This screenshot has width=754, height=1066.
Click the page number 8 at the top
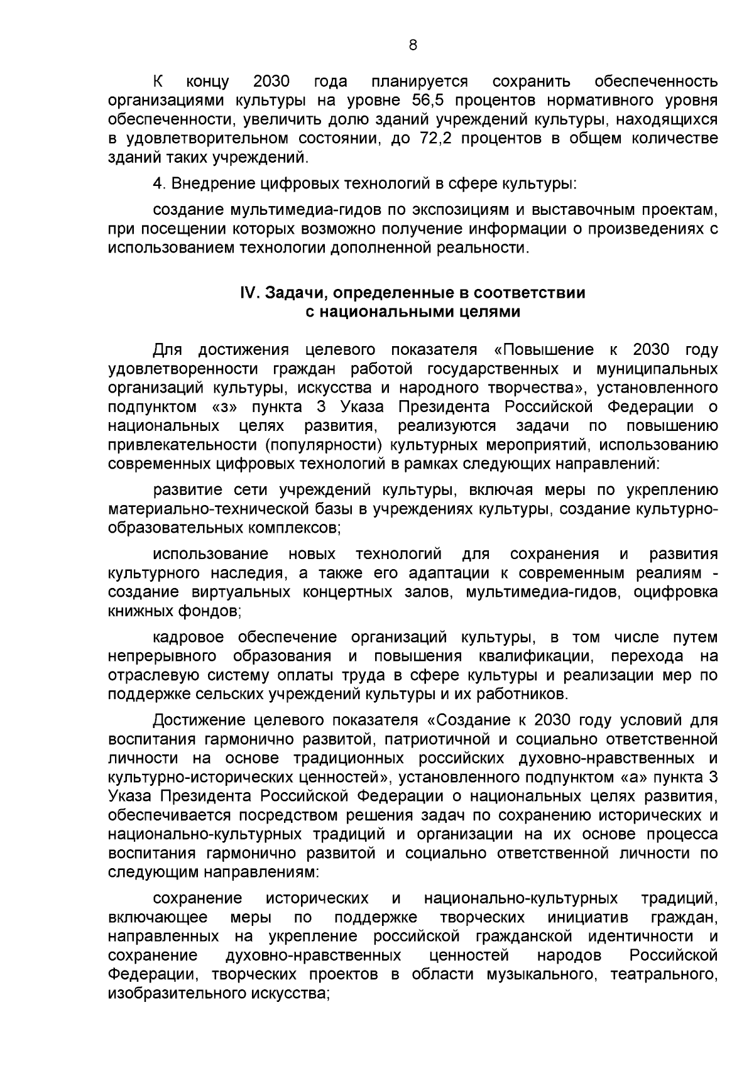pos(413,45)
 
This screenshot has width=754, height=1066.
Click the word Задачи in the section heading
pos(292,293)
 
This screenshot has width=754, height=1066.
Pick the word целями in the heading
pos(490,312)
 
